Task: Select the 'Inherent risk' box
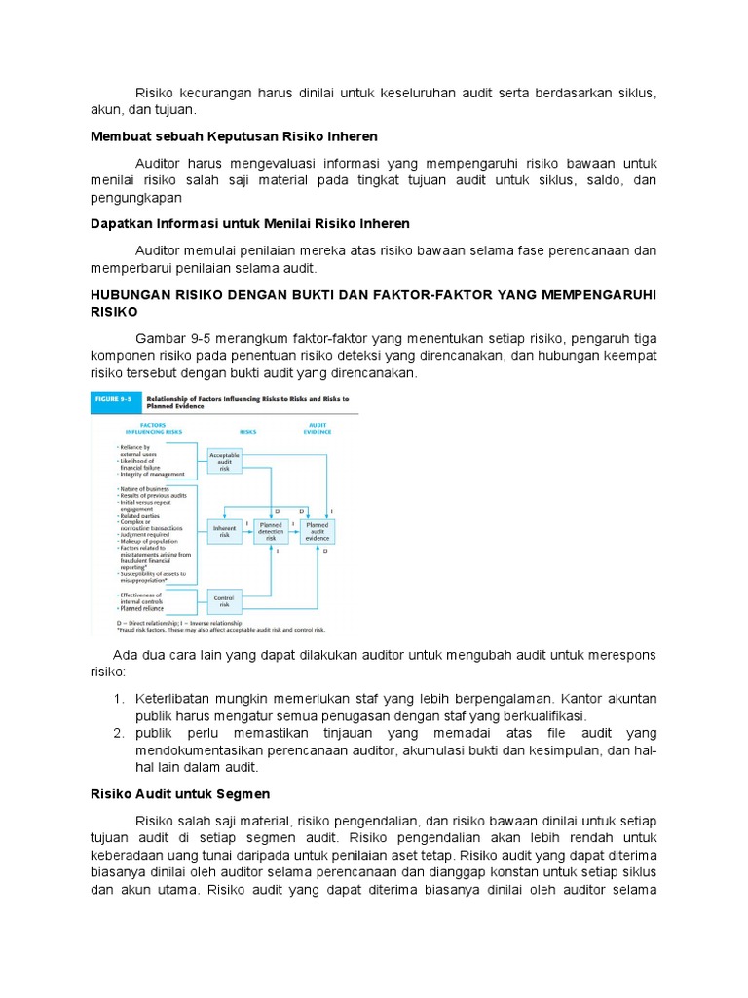[x=224, y=531]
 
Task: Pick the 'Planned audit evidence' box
[x=318, y=531]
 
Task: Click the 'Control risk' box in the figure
[x=224, y=600]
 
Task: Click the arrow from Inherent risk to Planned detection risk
[x=247, y=531]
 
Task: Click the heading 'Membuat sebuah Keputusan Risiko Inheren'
[x=228, y=135]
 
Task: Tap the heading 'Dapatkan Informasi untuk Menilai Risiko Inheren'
[x=243, y=224]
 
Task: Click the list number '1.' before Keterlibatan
[x=119, y=700]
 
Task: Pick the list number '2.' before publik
[x=119, y=733]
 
